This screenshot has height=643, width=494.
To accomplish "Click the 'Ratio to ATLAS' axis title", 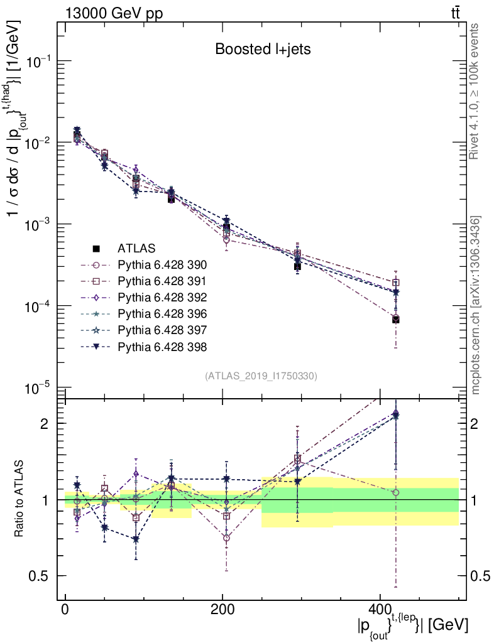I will [20, 500].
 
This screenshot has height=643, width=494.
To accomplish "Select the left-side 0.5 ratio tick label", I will [44, 576].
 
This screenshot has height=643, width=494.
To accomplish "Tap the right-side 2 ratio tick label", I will [476, 424].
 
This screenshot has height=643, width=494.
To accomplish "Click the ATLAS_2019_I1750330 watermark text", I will [261, 376].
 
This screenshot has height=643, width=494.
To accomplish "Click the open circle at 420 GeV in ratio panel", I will [395, 492].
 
